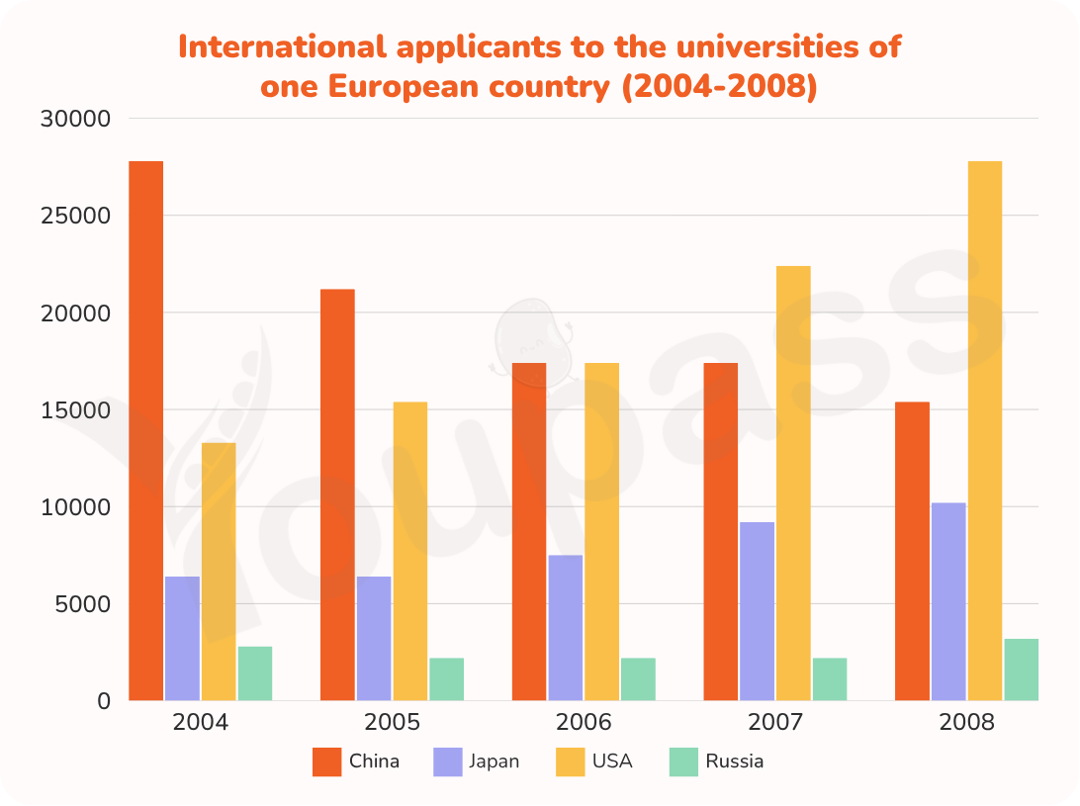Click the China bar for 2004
point(146,431)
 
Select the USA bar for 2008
point(985,431)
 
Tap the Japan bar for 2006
point(566,628)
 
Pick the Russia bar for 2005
point(446,679)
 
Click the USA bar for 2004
point(219,572)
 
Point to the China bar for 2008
point(912,551)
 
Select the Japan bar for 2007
point(757,612)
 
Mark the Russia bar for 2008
point(1021,670)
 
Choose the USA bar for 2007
point(793,484)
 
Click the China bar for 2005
point(337,495)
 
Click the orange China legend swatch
point(326,761)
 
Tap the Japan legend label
point(494,761)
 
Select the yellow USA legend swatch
point(571,761)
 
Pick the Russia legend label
point(734,761)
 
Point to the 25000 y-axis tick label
point(75,216)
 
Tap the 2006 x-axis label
point(584,722)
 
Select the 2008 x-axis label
point(966,722)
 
